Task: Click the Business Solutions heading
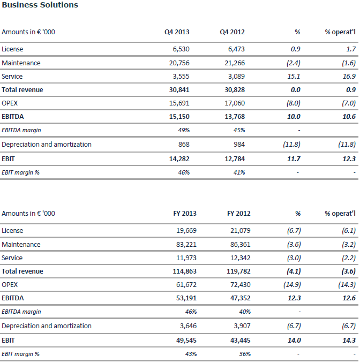(x=40, y=5)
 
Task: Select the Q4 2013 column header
(x=177, y=32)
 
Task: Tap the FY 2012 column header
(x=238, y=213)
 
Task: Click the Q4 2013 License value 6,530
(x=181, y=49)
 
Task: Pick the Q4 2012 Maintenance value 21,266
(x=235, y=63)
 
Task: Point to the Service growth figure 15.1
(x=294, y=77)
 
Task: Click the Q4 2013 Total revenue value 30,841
(x=179, y=90)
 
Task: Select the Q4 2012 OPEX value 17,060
(x=235, y=103)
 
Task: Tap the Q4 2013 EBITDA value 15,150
(x=179, y=116)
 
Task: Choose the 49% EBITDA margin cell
(x=184, y=130)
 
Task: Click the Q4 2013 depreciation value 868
(x=184, y=145)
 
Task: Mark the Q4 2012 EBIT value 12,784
(x=235, y=159)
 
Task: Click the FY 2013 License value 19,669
(x=186, y=231)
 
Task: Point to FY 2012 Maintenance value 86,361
(x=240, y=245)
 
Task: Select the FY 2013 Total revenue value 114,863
(x=184, y=271)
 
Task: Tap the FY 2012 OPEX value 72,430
(x=240, y=285)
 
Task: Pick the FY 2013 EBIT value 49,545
(x=186, y=341)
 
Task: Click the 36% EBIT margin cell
(x=245, y=354)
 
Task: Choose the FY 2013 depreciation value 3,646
(x=188, y=326)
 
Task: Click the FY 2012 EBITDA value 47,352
(x=240, y=298)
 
